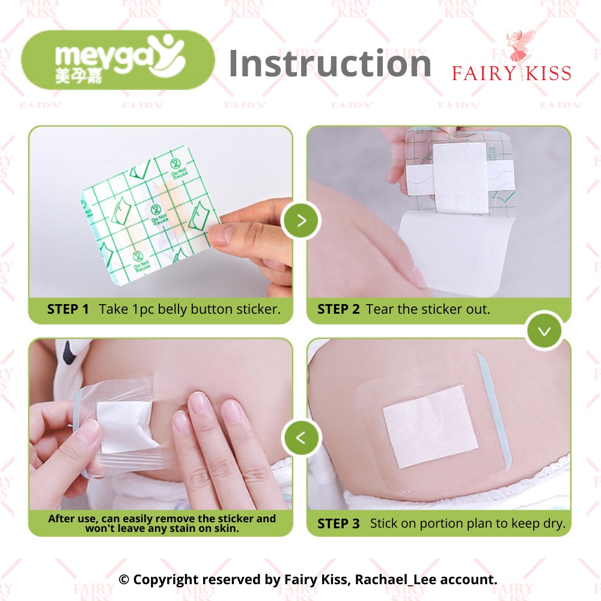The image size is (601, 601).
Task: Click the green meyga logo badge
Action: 117,60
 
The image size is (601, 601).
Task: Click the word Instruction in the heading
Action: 330,63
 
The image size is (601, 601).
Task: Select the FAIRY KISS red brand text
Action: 511,74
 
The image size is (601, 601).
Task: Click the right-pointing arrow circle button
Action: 302,220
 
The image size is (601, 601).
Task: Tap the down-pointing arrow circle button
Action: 545,331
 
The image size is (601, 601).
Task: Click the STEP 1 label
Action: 68,310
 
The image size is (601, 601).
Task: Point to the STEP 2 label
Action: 338,310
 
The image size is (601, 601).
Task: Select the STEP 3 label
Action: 338,523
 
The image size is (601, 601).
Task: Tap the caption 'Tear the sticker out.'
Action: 428,310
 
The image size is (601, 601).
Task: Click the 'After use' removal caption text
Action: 162,523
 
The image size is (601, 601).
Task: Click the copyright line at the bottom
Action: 308,579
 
